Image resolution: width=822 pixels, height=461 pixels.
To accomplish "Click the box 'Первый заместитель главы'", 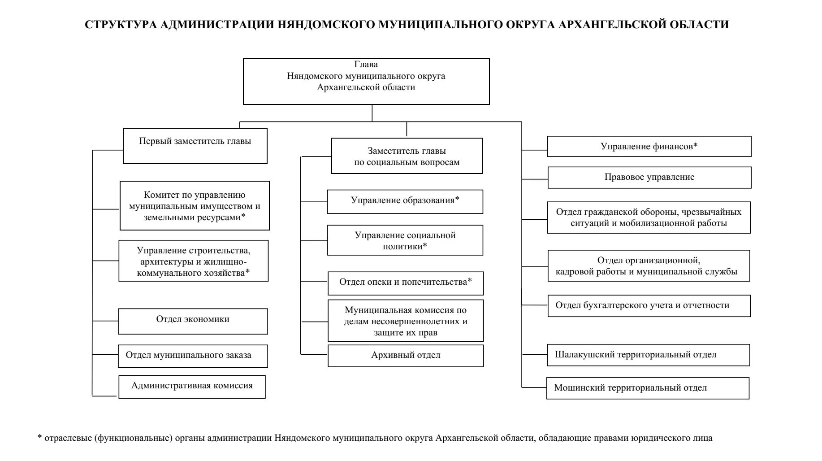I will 195,146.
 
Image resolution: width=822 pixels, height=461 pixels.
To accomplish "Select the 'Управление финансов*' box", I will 649,147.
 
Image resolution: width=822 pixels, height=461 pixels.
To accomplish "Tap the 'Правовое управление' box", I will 649,178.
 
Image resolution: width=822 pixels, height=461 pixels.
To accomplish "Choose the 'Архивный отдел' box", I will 406,356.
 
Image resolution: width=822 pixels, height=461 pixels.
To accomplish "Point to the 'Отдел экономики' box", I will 193,321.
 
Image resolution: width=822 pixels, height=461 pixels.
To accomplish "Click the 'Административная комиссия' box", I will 192,387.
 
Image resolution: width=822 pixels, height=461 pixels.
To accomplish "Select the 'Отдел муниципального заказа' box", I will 193,356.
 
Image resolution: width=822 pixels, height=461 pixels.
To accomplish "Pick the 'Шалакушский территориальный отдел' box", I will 648,355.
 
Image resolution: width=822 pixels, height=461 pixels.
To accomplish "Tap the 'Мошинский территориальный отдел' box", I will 648,388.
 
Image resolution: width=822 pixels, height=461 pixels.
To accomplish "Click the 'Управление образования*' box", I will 405,201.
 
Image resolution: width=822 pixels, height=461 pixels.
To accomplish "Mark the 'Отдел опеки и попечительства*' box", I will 406,283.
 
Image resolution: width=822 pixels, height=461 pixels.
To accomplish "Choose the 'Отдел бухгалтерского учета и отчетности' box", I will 649,306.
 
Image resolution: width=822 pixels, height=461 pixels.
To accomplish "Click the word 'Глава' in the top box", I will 366,65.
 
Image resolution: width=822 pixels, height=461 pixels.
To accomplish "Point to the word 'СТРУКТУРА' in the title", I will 121,25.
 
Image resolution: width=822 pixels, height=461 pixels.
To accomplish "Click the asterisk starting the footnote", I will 40,438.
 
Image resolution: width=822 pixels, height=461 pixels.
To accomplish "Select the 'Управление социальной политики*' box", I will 405,240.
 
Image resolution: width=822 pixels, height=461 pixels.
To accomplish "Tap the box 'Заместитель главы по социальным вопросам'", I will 407,156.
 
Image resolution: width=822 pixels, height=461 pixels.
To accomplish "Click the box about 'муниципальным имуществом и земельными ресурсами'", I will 195,206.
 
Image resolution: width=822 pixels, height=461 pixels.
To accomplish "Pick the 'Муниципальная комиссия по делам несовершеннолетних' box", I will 406,321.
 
